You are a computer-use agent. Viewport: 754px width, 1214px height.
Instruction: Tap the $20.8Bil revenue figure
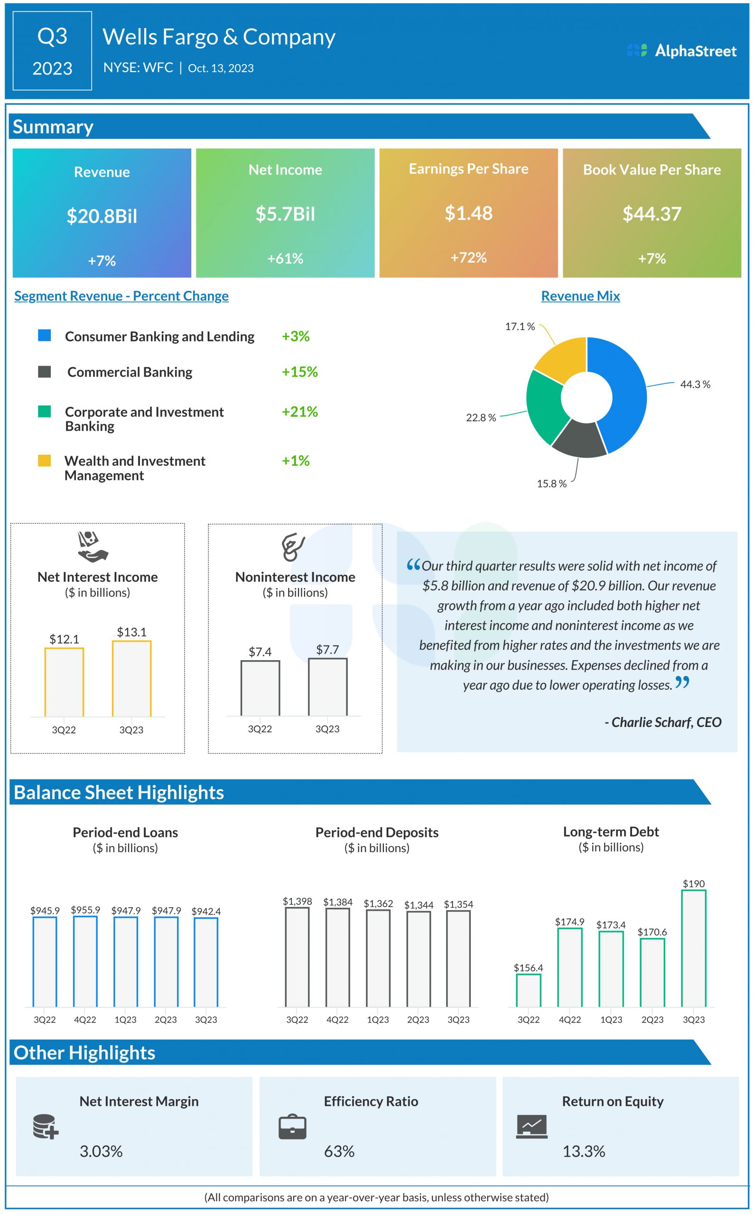102,216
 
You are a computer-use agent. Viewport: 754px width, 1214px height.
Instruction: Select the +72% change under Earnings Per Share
468,258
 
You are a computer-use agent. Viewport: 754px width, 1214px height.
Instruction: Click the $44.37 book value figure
652,214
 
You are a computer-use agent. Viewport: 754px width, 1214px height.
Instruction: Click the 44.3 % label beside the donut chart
695,384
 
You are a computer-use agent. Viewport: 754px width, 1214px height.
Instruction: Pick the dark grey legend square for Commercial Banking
45,372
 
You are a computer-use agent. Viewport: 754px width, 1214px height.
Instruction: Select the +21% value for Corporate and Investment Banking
300,412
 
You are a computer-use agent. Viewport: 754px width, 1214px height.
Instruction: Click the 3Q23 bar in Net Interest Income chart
131,679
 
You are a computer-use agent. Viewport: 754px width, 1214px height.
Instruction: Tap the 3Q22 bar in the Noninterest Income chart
261,688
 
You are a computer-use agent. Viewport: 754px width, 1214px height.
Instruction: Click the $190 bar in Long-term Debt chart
694,948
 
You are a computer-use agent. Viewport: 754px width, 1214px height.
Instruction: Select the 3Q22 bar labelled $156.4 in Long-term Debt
529,990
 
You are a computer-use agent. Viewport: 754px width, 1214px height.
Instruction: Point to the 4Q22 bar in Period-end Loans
85,961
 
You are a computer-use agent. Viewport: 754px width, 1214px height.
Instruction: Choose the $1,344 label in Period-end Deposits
419,905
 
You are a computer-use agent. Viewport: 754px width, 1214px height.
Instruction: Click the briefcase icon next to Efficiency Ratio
293,1127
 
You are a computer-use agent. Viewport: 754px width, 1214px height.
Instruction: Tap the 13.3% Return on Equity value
584,1151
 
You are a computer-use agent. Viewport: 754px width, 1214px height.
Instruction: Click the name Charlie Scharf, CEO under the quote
663,722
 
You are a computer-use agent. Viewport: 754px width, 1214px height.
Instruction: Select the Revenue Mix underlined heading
580,296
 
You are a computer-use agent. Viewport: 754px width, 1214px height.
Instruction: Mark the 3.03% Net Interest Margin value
101,1151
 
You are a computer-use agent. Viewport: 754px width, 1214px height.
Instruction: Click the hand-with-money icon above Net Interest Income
93,547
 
